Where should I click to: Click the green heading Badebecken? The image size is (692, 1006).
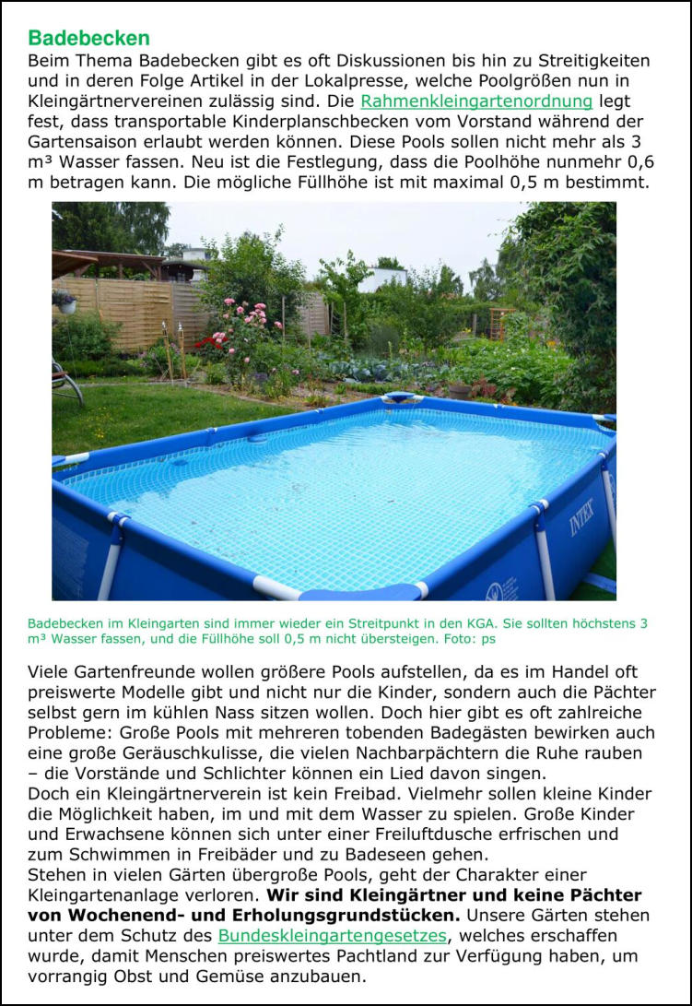[88, 39]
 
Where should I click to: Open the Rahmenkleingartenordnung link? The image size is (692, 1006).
[475, 101]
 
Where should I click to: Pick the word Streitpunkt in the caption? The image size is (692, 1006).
[372, 623]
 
